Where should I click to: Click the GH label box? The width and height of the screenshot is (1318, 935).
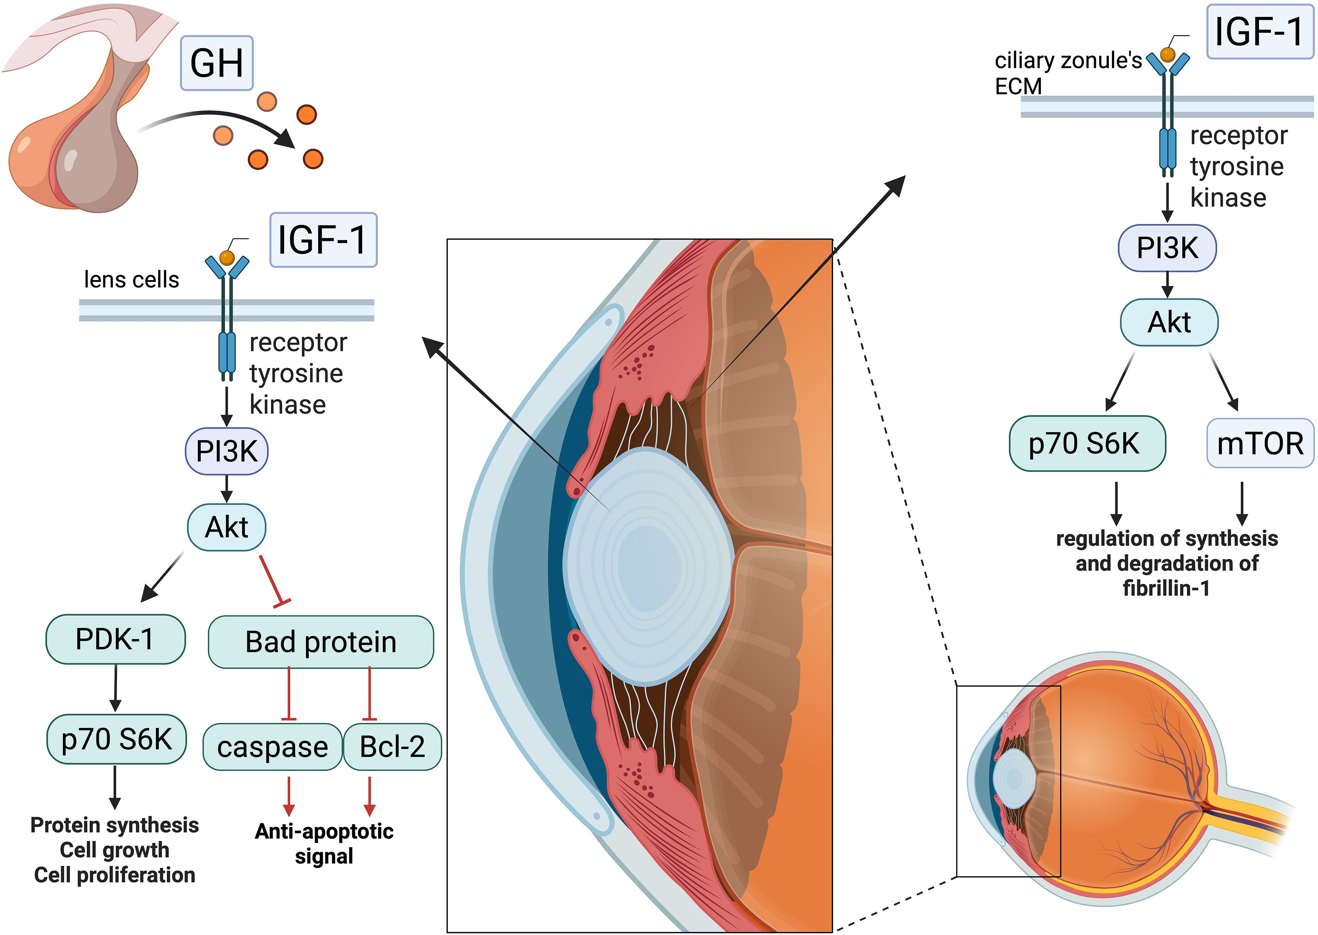(216, 63)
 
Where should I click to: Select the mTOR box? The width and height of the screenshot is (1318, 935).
(1259, 443)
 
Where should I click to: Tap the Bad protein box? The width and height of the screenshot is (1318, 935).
(320, 642)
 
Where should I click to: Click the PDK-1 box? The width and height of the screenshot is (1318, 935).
(115, 639)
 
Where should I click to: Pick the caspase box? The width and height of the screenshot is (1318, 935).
(272, 747)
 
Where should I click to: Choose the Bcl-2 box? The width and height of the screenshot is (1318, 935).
(392, 747)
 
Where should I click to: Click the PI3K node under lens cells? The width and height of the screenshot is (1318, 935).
(226, 451)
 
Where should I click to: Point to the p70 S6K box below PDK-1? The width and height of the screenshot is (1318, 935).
(116, 739)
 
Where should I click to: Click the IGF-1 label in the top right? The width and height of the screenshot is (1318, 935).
(1259, 32)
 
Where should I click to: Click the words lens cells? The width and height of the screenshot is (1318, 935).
(131, 280)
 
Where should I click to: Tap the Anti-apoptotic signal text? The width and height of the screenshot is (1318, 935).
(324, 844)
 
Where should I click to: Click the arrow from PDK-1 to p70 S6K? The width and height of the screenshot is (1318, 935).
(115, 688)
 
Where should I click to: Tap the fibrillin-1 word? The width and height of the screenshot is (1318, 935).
(1166, 588)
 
